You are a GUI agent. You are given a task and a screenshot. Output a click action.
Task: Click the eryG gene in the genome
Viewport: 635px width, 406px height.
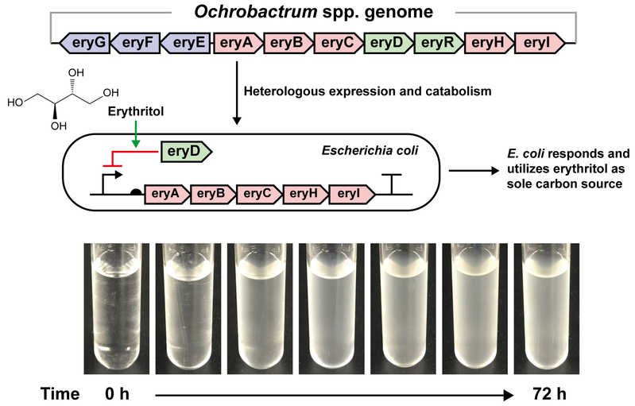(84, 43)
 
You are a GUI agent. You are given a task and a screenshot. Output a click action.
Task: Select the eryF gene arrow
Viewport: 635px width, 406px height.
(135, 43)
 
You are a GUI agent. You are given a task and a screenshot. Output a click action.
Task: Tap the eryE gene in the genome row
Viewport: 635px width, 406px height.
(185, 43)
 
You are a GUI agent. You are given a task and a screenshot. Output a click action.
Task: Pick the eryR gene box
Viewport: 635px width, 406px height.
(439, 43)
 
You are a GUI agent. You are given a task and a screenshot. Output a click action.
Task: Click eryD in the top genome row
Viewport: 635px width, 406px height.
(389, 43)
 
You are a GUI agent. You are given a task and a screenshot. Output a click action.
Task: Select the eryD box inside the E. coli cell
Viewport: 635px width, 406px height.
(186, 152)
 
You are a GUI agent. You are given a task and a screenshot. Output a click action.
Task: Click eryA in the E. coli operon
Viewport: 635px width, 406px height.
(166, 194)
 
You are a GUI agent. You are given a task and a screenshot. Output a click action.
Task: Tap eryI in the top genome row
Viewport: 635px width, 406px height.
(540, 43)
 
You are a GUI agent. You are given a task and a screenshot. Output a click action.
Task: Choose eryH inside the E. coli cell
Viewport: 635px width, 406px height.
(305, 194)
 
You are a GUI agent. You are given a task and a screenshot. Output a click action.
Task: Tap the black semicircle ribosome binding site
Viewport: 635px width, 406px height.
(137, 191)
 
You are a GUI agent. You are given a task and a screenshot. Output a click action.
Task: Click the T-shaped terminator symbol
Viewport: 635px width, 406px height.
(391, 184)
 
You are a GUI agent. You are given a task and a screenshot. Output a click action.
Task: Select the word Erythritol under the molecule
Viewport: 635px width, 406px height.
(136, 111)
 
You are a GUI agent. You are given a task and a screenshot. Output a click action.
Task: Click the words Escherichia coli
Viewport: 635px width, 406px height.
(370, 151)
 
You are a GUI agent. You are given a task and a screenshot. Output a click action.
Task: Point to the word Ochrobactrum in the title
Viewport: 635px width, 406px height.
(256, 11)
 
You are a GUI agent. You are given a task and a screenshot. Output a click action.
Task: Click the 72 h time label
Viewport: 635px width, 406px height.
(549, 394)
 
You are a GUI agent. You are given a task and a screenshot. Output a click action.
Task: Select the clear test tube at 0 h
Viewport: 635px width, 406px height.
(116, 308)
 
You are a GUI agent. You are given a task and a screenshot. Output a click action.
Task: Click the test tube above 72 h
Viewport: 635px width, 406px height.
(546, 308)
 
